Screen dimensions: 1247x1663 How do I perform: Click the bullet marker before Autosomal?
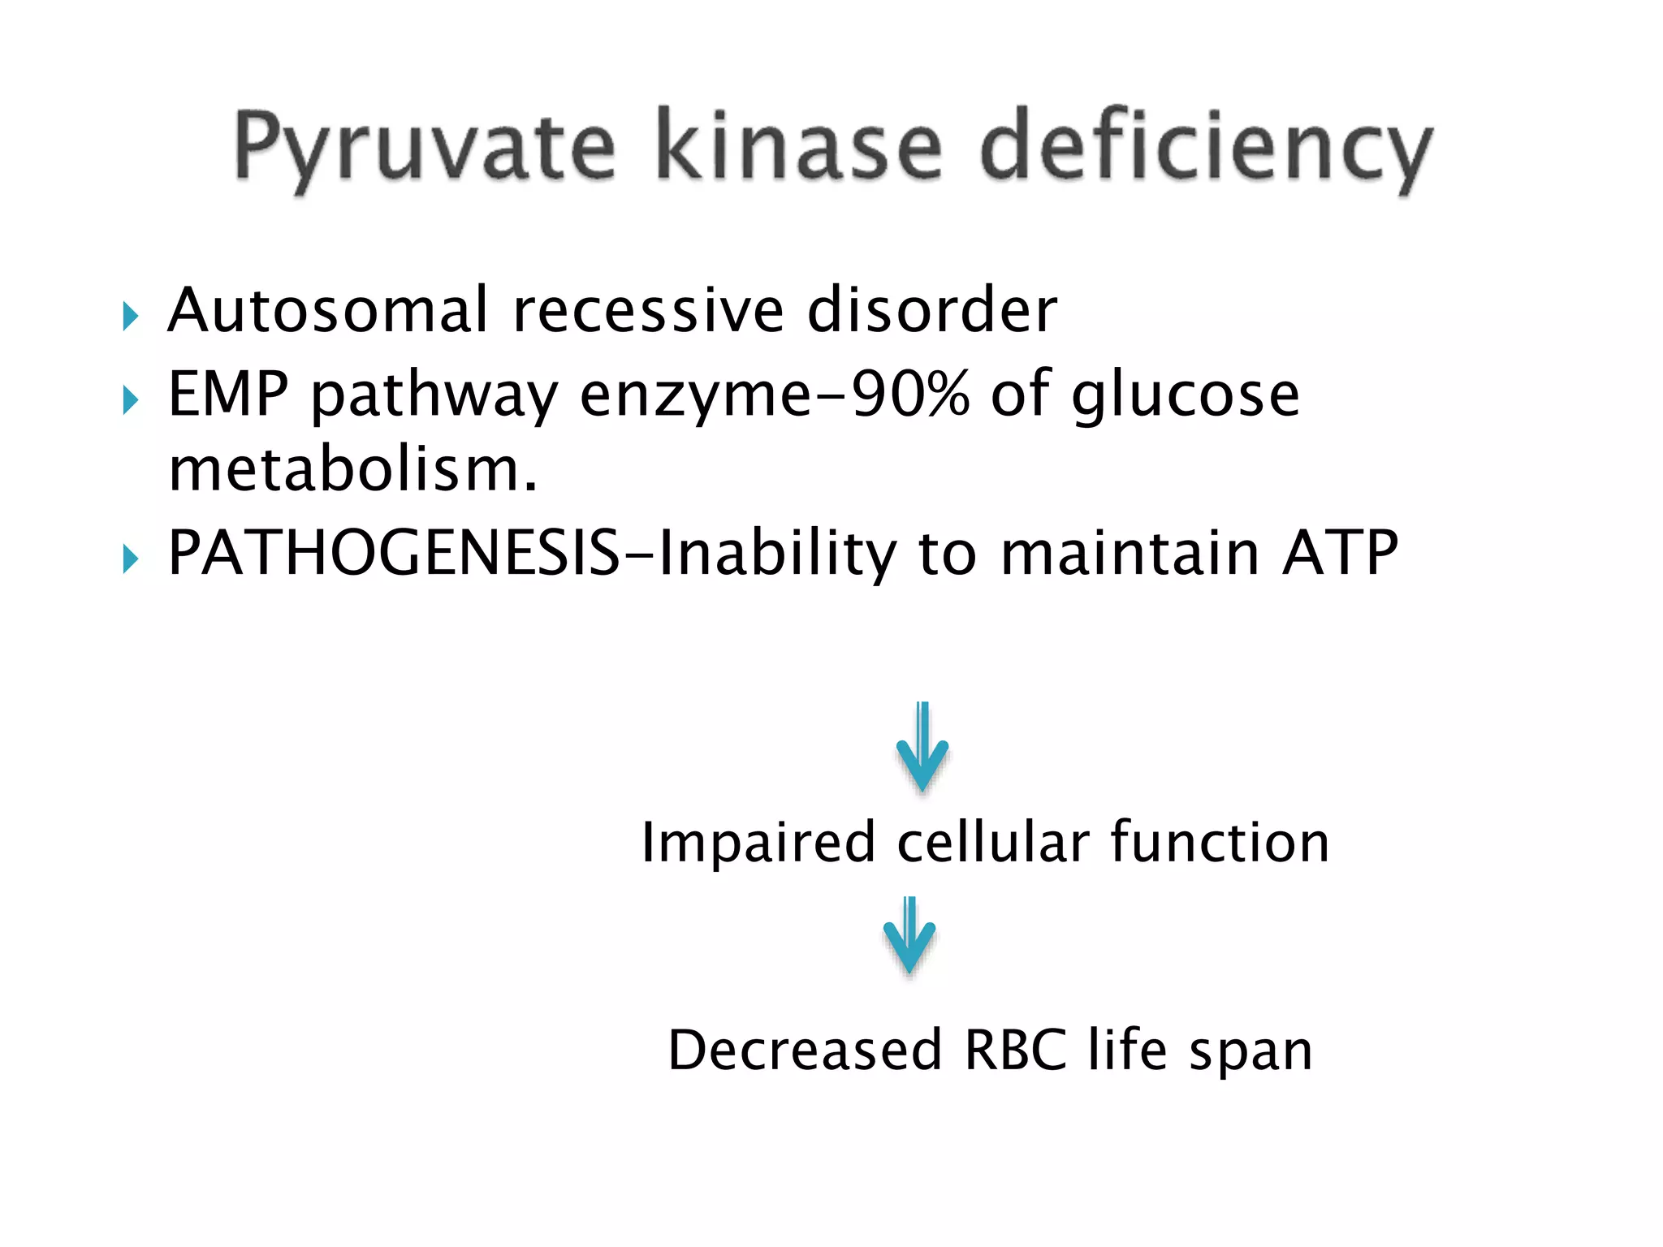(x=130, y=316)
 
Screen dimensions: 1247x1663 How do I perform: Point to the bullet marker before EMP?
(x=130, y=399)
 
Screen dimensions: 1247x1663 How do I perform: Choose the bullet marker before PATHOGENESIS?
(x=130, y=559)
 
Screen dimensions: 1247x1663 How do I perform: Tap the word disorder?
(x=932, y=310)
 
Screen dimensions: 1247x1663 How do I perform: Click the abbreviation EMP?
(x=228, y=394)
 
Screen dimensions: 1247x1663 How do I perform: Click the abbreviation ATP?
(x=1340, y=553)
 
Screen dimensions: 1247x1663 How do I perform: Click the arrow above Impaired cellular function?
(x=922, y=747)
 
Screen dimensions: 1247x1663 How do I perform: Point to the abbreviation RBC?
(x=1015, y=1050)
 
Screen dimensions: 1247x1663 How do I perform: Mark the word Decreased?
(x=805, y=1050)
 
